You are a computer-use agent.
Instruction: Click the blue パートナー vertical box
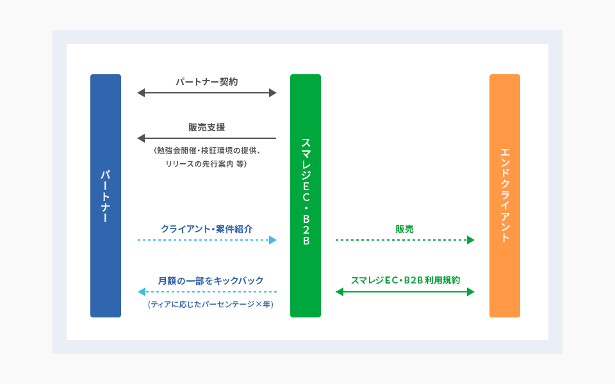(x=106, y=196)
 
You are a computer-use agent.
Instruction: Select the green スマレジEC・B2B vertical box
(x=306, y=196)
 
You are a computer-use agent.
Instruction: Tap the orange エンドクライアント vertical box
(x=505, y=196)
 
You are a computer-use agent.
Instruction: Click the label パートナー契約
(x=207, y=82)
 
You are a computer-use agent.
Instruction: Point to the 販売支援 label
(x=206, y=127)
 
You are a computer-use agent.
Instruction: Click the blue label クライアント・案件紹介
(x=206, y=228)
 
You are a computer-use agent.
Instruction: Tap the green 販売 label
(x=404, y=228)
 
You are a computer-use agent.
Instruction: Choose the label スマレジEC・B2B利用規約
(x=405, y=280)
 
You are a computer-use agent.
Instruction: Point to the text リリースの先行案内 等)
(x=206, y=164)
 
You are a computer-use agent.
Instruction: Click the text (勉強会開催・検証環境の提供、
(x=206, y=152)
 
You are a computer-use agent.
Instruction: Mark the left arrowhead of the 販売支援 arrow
(x=141, y=138)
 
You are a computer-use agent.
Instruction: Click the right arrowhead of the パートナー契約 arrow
(x=272, y=93)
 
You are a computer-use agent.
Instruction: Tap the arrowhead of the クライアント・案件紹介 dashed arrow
(x=272, y=240)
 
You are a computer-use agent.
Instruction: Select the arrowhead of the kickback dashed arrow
(x=142, y=292)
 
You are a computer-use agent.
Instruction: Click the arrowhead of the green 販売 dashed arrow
(x=470, y=240)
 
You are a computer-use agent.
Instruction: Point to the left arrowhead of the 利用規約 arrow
(x=340, y=292)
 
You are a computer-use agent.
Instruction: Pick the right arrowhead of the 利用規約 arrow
(x=470, y=292)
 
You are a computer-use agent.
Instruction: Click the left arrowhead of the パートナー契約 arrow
(x=141, y=93)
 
